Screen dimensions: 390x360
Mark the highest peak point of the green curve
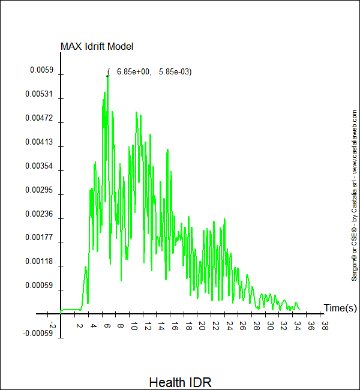point(107,76)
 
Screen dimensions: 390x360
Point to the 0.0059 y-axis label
point(42,70)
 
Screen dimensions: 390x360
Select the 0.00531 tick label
point(39,94)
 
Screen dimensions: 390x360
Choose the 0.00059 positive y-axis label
point(39,286)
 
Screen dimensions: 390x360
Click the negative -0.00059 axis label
point(38,333)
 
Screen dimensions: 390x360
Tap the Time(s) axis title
point(340,308)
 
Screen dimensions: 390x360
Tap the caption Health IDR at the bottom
point(180,382)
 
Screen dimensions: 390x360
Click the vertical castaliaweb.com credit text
point(355,195)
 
